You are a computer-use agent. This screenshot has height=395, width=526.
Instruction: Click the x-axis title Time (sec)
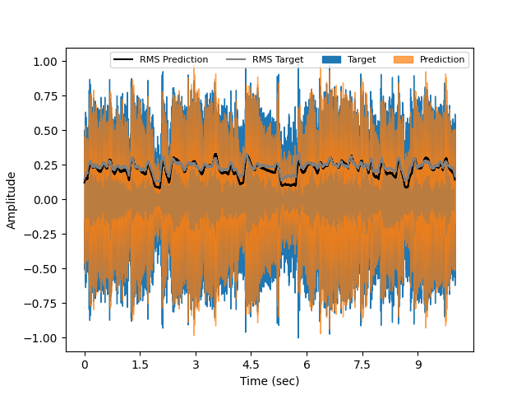270,381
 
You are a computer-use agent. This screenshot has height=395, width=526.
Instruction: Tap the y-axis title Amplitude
12,200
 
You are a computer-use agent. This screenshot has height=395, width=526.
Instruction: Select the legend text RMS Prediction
173,60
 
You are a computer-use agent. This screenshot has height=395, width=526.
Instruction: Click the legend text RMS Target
278,60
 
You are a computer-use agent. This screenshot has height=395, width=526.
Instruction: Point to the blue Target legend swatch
331,60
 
